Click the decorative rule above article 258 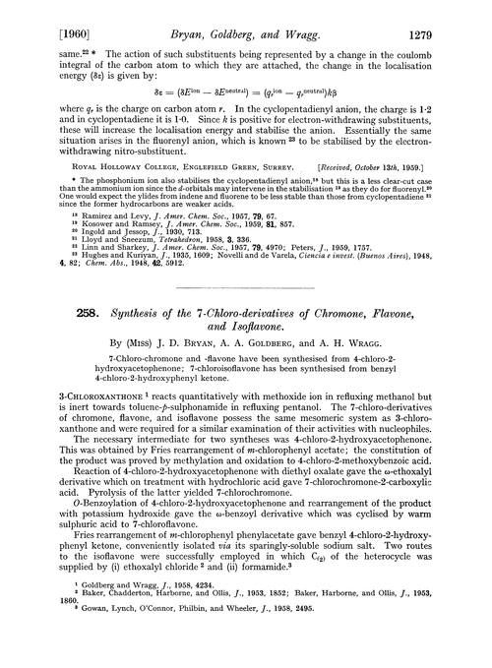pyautogui.click(x=245, y=279)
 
